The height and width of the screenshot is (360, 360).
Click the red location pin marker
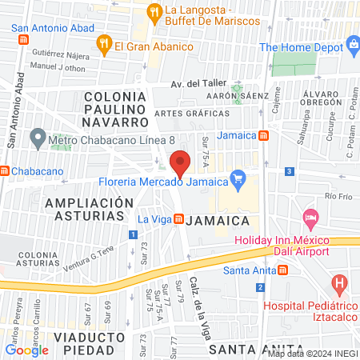[x=181, y=163]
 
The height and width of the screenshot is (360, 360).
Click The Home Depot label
[x=306, y=47]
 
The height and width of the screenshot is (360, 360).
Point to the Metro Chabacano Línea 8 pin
[x=37, y=138]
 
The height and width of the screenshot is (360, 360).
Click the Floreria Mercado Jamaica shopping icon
[x=237, y=178]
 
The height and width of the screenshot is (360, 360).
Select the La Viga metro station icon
[x=180, y=218]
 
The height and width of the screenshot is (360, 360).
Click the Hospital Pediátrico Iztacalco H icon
[x=340, y=282]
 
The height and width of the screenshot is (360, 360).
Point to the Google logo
[x=26, y=350]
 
